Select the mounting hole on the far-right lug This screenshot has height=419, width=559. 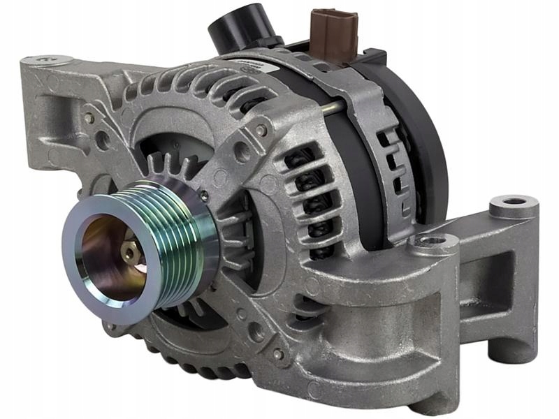[x=515, y=203]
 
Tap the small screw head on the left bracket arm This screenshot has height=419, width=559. [x=89, y=117]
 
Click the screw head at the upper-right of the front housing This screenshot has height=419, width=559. [x=261, y=129]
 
